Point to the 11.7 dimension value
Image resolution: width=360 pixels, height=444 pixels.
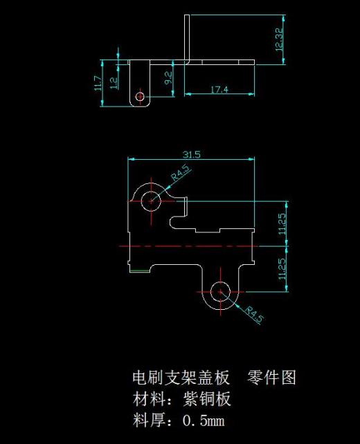[x=98, y=84]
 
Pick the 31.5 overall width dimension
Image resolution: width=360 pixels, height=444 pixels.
[x=191, y=155]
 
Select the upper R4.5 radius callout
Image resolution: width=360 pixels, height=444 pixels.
[x=181, y=174]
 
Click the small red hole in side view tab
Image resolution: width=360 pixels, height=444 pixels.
[x=141, y=97]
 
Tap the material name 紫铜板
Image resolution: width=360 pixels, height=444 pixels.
[x=207, y=398]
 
